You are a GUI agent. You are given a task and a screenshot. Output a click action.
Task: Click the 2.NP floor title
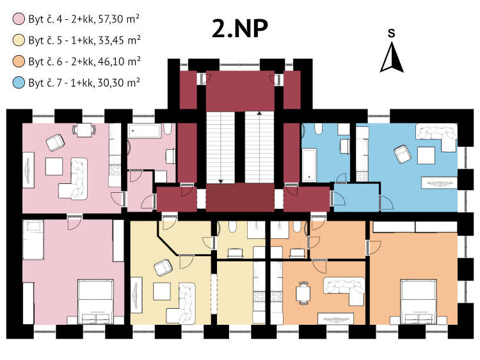tap(240, 29)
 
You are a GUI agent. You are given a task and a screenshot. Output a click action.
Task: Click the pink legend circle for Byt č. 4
tap(19, 19)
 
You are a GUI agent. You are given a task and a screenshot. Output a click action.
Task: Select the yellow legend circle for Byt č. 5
tap(19, 40)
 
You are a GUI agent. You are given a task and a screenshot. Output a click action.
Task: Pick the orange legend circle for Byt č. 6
tap(19, 61)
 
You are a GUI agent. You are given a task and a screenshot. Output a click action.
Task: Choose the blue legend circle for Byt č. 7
tap(19, 83)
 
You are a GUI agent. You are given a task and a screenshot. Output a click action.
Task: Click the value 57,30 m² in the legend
tap(119, 19)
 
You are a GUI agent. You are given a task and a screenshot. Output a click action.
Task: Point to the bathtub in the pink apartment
tap(144, 131)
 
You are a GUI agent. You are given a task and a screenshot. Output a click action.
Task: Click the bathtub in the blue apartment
tap(309, 165)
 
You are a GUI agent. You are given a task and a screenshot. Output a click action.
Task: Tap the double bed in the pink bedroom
tap(96, 302)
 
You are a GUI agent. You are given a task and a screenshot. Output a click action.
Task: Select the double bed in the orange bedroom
tap(419, 302)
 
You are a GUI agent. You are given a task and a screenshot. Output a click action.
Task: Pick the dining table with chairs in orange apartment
tap(303, 293)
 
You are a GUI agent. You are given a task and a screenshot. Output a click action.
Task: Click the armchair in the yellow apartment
tap(163, 268)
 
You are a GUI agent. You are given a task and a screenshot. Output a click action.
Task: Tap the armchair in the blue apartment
tap(403, 154)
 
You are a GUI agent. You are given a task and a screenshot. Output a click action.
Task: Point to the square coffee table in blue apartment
tap(426, 156)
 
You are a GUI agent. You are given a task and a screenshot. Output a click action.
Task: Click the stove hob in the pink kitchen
tap(115, 170)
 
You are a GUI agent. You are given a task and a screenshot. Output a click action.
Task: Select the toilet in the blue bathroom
tap(319, 129)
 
